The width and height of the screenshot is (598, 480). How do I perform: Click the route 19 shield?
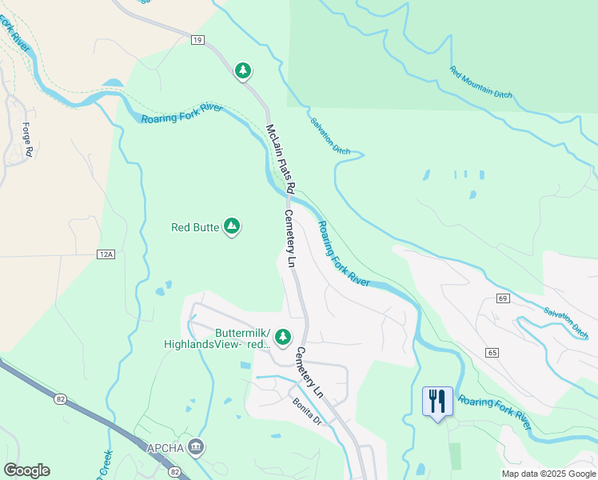[197, 39]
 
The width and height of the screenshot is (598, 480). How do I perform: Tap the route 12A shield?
[106, 254]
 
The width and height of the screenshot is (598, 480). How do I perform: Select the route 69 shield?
[502, 298]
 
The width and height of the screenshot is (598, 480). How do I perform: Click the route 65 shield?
[491, 352]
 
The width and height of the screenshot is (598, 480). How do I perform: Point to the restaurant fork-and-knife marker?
[437, 401]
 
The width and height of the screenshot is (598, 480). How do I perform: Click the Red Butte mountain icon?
[232, 227]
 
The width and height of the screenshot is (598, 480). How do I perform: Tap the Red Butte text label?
[195, 227]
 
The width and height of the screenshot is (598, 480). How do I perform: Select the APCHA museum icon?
[197, 446]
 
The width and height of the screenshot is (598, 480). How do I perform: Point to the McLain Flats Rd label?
[281, 159]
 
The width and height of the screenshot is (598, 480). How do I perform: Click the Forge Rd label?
[28, 138]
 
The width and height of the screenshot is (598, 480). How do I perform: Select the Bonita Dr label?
[305, 411]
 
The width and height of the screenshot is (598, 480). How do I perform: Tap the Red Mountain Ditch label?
[480, 82]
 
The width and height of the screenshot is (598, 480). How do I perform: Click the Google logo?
[26, 470]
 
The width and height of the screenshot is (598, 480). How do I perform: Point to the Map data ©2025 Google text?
[548, 474]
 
